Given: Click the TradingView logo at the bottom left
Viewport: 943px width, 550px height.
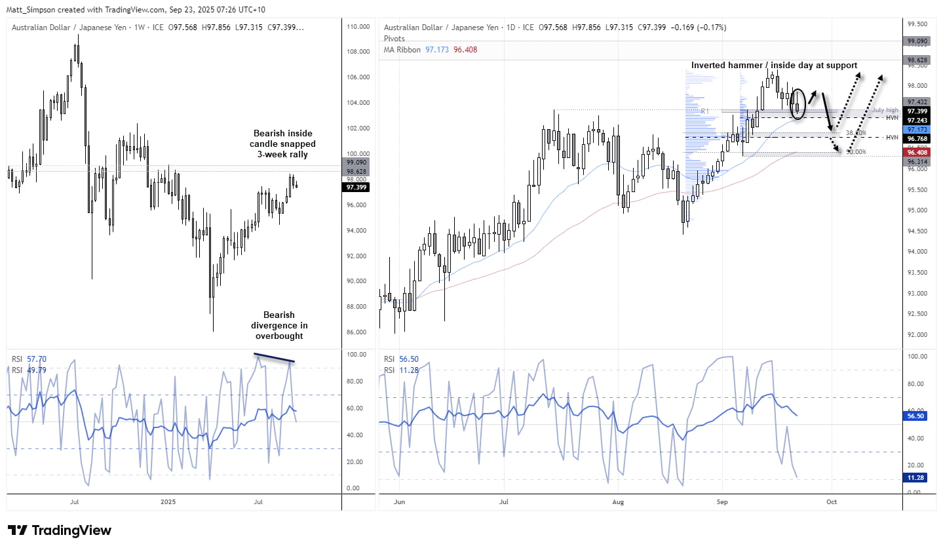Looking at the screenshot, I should pos(60,530).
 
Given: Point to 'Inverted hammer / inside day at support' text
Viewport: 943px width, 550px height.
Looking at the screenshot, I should pos(775,65).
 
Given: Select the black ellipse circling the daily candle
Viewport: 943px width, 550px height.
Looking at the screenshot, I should pos(798,104).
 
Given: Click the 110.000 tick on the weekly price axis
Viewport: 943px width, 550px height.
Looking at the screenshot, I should pos(359,27).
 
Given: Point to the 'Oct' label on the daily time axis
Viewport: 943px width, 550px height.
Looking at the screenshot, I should pos(832,502).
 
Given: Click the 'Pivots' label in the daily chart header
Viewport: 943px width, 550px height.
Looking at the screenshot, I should pos(395,39).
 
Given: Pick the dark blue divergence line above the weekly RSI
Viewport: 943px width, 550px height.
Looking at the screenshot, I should pos(274,358).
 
